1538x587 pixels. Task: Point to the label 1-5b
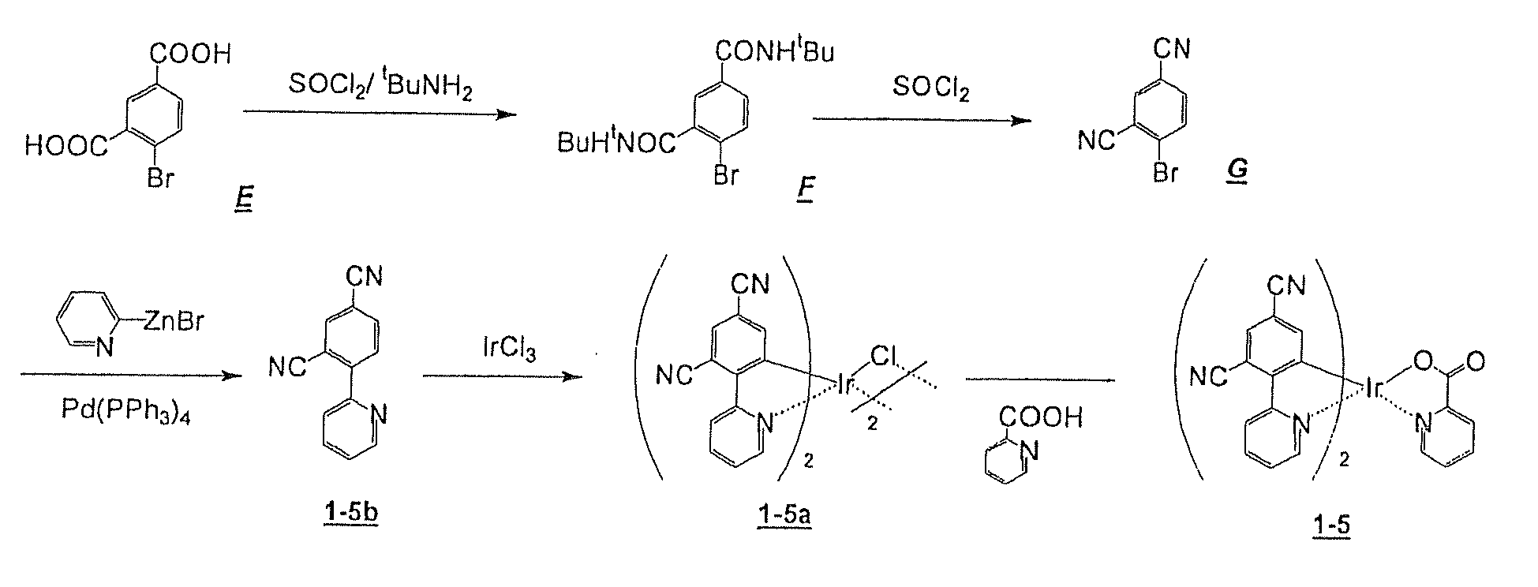point(350,513)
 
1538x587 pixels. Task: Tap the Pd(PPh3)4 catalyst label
point(125,412)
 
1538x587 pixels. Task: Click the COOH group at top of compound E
point(192,54)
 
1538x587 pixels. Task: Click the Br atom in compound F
point(726,174)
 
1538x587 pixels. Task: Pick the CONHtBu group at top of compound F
point(774,52)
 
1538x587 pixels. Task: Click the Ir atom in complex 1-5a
point(845,385)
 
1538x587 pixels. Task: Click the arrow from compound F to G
point(922,121)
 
